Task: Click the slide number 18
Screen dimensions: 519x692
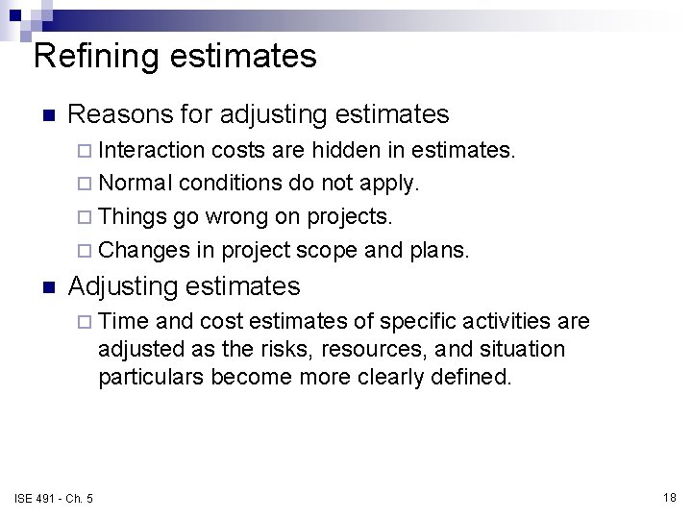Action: pyautogui.click(x=670, y=497)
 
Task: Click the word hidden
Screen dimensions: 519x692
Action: pyautogui.click(x=364, y=151)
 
